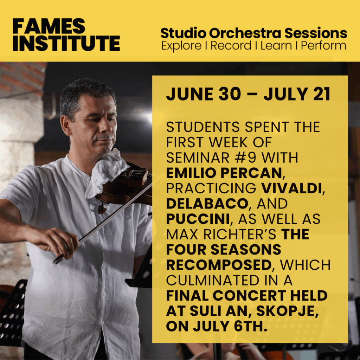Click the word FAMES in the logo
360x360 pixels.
pyautogui.click(x=49, y=26)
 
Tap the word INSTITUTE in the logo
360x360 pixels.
pyautogui.click(x=66, y=43)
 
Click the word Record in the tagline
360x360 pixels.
pyautogui.click(x=231, y=45)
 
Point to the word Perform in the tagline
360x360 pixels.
pyautogui.click(x=323, y=45)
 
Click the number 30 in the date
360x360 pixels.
pyautogui.click(x=230, y=94)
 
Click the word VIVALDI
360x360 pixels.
pyautogui.click(x=291, y=188)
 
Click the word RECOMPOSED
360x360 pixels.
pyautogui.click(x=219, y=265)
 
